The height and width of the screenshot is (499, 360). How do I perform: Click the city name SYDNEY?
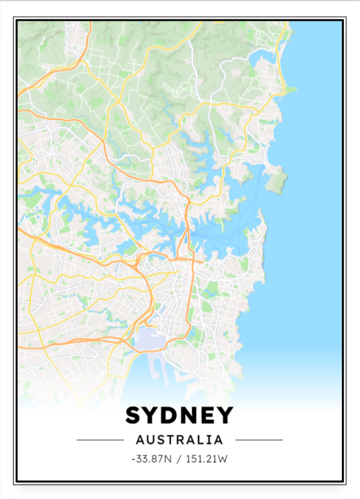coord(180,415)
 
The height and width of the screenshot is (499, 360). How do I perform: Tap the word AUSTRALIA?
coord(180,440)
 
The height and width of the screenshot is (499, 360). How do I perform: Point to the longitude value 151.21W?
coord(207,459)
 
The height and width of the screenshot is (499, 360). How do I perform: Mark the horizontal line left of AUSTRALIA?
coord(100,440)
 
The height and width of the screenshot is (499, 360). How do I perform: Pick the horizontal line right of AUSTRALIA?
coord(259,440)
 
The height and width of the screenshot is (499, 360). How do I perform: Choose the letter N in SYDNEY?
coord(189,415)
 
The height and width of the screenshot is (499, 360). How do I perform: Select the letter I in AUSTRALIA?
coord(211,440)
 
